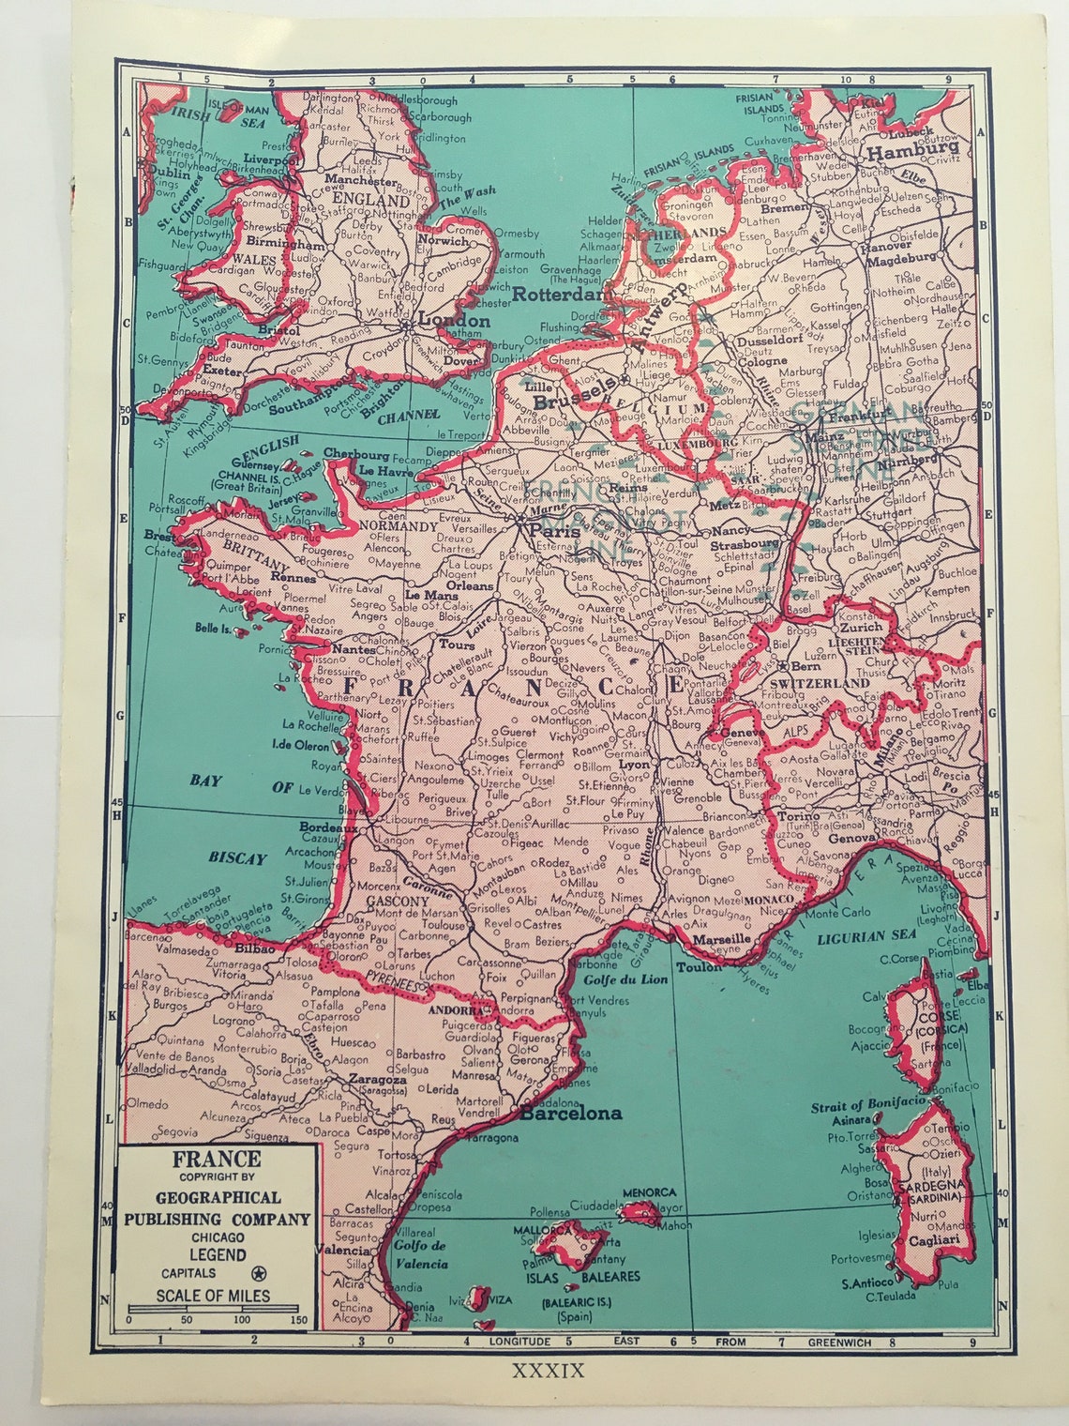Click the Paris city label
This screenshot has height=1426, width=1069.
tap(550, 531)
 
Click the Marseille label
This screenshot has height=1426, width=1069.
tap(720, 937)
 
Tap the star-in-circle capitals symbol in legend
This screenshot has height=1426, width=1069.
tap(259, 1273)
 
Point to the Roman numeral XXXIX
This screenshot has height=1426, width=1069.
tap(549, 1372)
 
